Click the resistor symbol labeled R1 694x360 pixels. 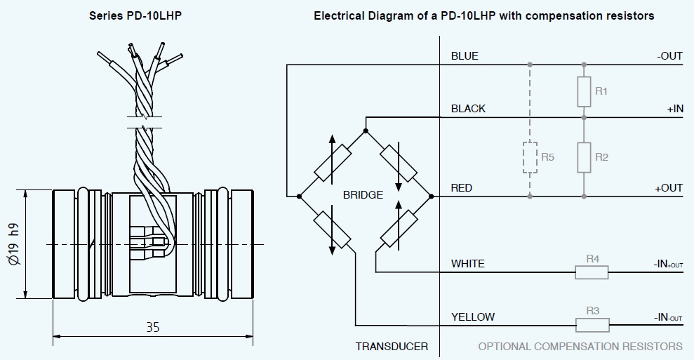[x=584, y=92]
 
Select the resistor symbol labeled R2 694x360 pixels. [x=584, y=157]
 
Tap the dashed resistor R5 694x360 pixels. [x=530, y=157]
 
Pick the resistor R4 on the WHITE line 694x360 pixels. [x=592, y=272]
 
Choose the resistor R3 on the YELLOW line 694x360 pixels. [x=592, y=325]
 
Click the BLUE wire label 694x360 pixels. [x=465, y=56]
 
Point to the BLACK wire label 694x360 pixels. [x=468, y=109]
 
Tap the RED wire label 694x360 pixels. [x=462, y=188]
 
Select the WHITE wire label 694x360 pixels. [x=467, y=264]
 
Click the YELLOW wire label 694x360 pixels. [x=472, y=316]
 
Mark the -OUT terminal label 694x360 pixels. [x=669, y=56]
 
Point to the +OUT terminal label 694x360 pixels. [x=669, y=188]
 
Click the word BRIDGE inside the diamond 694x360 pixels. [x=363, y=195]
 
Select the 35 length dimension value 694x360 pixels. [x=153, y=327]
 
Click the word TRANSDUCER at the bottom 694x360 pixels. [x=392, y=347]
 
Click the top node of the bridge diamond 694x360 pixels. [x=365, y=131]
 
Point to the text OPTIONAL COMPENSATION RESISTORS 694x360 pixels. [x=580, y=347]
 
